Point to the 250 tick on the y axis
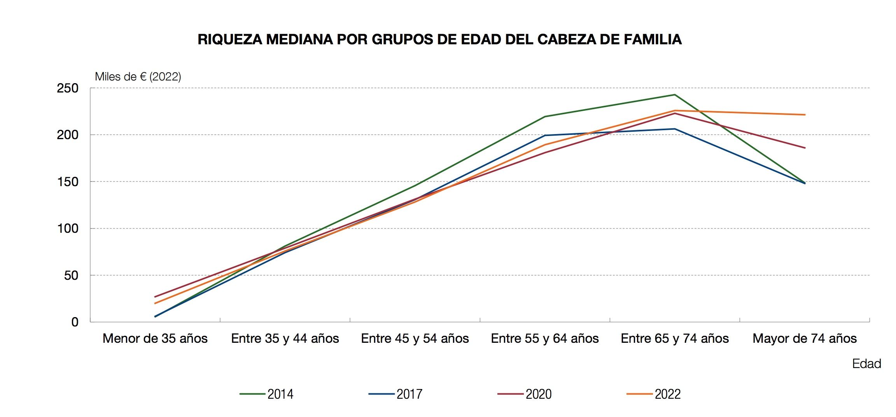(68, 88)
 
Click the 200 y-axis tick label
(68, 135)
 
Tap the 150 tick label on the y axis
(68, 182)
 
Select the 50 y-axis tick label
(71, 276)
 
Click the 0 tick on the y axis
(75, 322)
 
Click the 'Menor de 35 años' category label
(155, 338)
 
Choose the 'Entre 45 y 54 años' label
(415, 338)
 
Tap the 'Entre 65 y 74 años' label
(675, 338)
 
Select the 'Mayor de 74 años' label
(805, 338)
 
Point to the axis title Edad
(866, 364)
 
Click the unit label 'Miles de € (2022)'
(138, 77)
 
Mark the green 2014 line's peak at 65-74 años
(675, 95)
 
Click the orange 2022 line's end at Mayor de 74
(805, 115)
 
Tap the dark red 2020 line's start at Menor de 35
(155, 297)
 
